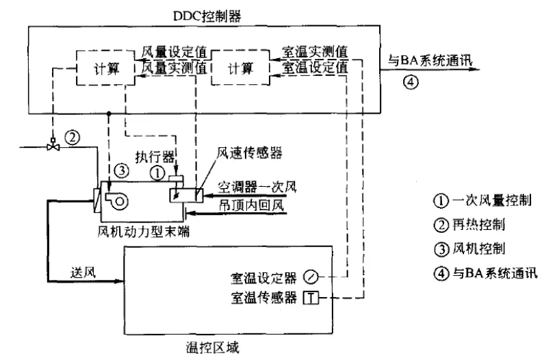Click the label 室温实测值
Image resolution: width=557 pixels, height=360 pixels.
click(x=314, y=53)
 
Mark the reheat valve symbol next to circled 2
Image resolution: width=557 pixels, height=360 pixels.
click(x=52, y=145)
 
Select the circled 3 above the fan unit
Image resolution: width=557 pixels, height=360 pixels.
click(x=120, y=168)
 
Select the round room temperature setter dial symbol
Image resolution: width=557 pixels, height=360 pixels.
click(x=311, y=277)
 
